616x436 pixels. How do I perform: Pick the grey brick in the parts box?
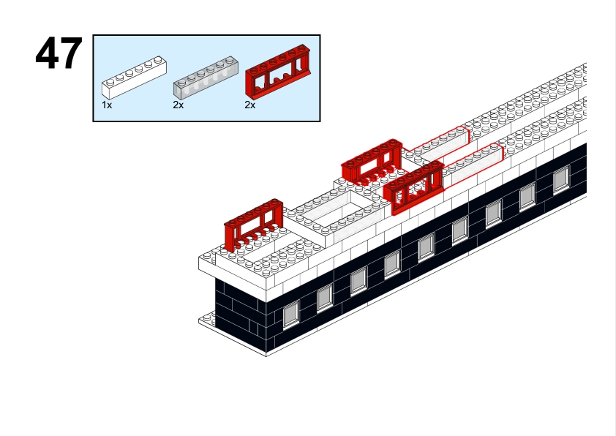(x=206, y=76)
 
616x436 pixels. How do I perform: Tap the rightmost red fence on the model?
(x=416, y=187)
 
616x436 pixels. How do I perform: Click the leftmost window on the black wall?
(x=291, y=313)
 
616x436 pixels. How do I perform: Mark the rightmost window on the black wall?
(x=560, y=178)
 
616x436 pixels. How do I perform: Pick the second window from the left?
(x=325, y=296)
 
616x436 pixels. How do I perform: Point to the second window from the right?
(x=527, y=196)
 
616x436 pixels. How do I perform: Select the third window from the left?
(x=358, y=279)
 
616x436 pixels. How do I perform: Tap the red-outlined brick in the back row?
(x=440, y=143)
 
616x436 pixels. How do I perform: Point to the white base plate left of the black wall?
(x=208, y=320)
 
